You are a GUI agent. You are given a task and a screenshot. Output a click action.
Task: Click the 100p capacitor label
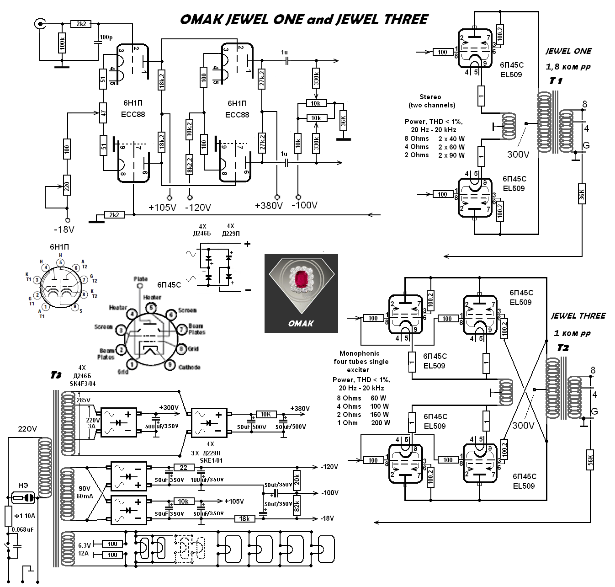click(106, 37)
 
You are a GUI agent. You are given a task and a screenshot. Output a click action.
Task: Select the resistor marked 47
click(104, 113)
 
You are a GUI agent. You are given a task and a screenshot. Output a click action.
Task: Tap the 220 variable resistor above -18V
click(67, 186)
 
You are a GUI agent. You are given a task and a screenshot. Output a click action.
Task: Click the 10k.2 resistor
click(190, 130)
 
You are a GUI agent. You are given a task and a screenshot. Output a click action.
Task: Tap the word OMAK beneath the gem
click(301, 323)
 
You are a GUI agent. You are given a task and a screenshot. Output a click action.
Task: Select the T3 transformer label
click(56, 375)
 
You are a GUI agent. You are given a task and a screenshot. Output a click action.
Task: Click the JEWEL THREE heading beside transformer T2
click(578, 316)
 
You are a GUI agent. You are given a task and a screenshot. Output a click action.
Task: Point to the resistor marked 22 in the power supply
click(184, 467)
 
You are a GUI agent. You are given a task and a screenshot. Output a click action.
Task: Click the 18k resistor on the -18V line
click(244, 518)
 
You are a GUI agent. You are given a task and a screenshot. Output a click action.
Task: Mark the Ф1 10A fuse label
click(25, 516)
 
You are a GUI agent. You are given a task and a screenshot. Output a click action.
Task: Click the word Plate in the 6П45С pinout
click(140, 279)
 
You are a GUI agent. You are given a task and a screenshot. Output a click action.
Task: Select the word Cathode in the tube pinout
click(189, 367)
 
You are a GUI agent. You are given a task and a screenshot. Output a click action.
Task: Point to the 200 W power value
click(380, 423)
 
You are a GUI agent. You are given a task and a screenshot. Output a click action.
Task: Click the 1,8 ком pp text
click(568, 67)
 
